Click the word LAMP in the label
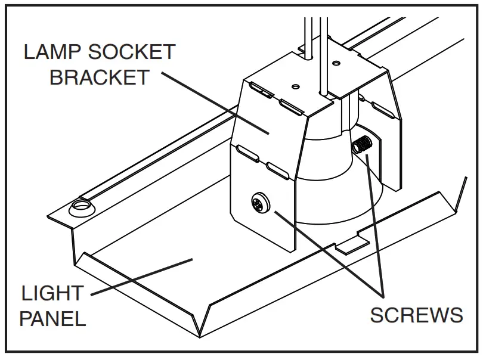point(51,52)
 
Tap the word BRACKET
point(98,77)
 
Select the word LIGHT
point(52,293)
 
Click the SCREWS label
point(416,315)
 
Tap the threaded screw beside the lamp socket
point(361,145)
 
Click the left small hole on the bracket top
point(295,86)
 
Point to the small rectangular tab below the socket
point(351,244)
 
